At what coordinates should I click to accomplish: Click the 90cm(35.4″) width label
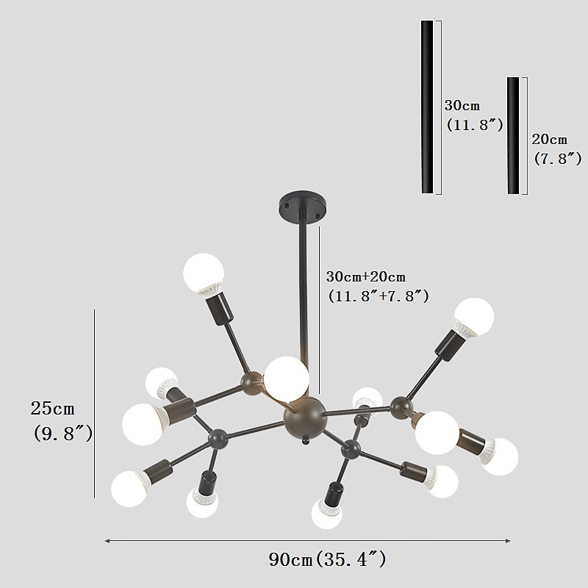click(x=328, y=560)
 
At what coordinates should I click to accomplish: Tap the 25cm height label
click(x=52, y=407)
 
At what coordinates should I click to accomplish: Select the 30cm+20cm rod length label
click(x=366, y=277)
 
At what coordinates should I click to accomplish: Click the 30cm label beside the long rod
click(x=462, y=106)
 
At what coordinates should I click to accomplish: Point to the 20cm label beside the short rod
click(x=550, y=139)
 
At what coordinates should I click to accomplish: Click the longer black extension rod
click(x=427, y=107)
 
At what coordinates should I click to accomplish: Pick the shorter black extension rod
click(x=513, y=135)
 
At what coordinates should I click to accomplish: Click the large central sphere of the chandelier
click(x=304, y=416)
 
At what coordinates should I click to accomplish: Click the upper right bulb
click(x=474, y=316)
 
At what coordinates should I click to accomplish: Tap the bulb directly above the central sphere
click(x=285, y=378)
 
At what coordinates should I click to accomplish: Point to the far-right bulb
click(x=500, y=456)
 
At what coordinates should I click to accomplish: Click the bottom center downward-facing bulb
click(x=326, y=513)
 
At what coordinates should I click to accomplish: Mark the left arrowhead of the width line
click(x=107, y=541)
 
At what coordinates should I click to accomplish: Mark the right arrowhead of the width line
click(x=509, y=541)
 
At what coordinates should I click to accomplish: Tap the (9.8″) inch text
click(x=62, y=434)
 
